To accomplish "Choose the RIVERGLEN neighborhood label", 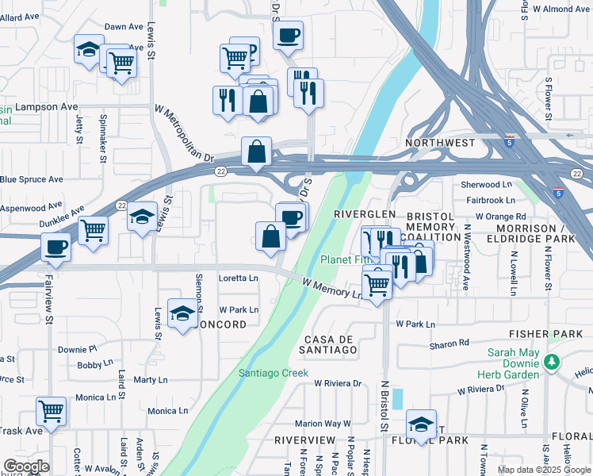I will [x=364, y=215].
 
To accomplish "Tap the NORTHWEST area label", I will [x=440, y=143].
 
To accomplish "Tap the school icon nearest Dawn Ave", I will [x=89, y=48].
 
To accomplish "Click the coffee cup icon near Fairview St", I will [x=55, y=246].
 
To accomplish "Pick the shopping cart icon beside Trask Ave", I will [x=52, y=412].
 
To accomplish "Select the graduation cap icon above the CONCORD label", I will [x=182, y=314].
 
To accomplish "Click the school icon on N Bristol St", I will [x=421, y=423].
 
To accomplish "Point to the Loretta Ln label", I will [x=239, y=278].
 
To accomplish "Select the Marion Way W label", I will [x=323, y=424].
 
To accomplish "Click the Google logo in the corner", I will [x=25, y=466].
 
